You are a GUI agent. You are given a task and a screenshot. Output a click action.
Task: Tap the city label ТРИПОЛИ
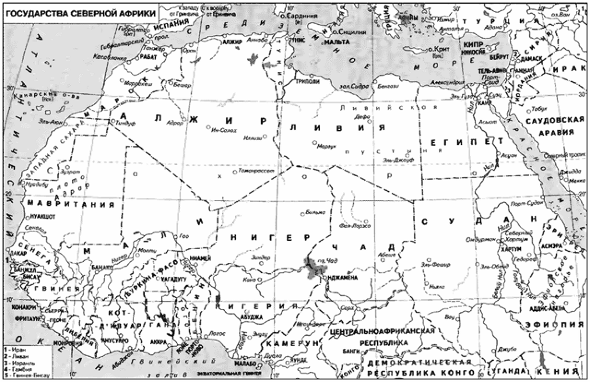308,81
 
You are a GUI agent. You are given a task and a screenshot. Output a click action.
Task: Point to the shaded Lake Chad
311,266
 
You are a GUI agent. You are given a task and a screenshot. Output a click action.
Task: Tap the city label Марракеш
139,85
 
